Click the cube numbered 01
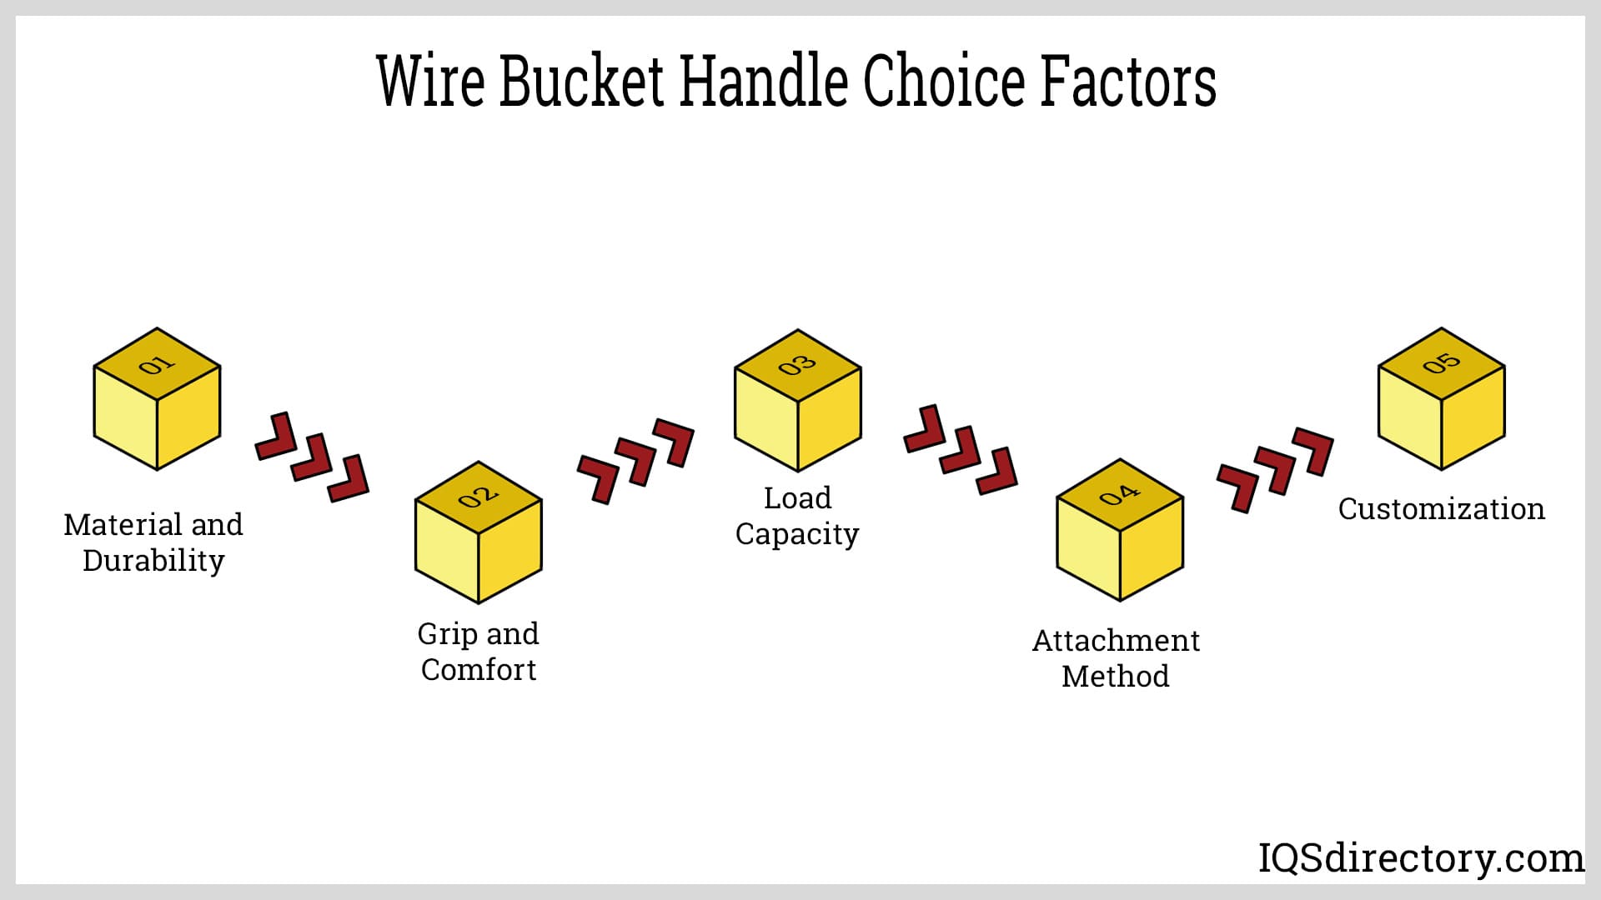pos(157,399)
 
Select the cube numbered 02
pos(479,532)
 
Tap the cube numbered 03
pos(797,401)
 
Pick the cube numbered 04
pos(1120,530)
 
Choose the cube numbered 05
pos(1442,399)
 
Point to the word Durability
pos(153,561)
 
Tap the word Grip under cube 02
pos(448,635)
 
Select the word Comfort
pos(479,670)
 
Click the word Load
pos(798,498)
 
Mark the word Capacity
pos(797,534)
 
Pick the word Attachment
pos(1116,641)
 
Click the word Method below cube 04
pos(1116,677)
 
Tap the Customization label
pos(1442,509)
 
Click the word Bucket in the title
pos(581,81)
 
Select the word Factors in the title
pos(1127,81)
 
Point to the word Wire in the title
pos(430,81)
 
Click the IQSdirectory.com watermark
pos(1421,858)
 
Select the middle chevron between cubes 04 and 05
pos(1275,470)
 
